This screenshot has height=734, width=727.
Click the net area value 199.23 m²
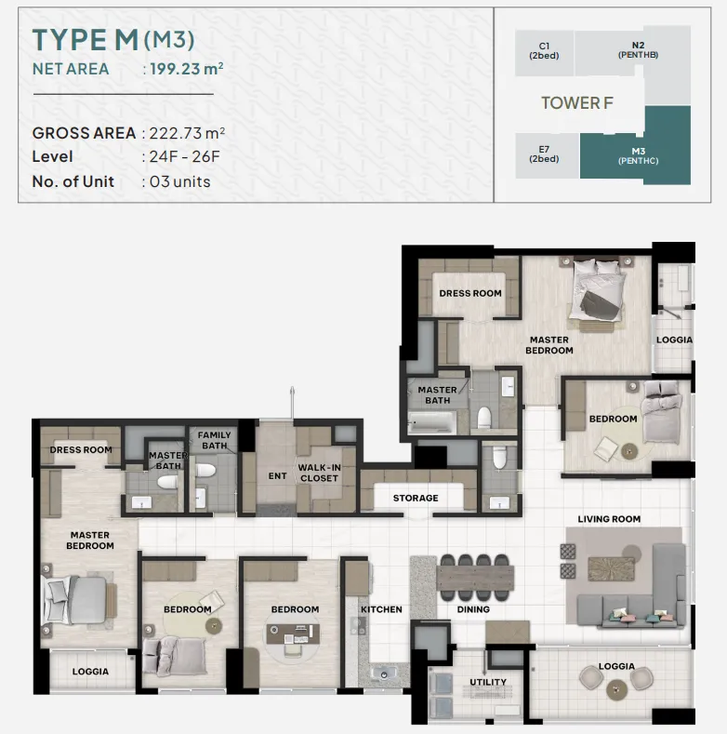[x=187, y=69]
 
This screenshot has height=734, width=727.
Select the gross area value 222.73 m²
[x=187, y=133]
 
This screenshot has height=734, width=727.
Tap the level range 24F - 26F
[x=184, y=156]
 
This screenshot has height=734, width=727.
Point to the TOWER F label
[x=576, y=103]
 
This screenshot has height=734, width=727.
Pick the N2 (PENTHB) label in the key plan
[x=638, y=49]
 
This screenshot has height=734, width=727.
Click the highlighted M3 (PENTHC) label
[x=638, y=156]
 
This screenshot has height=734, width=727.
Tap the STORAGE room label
[x=416, y=498]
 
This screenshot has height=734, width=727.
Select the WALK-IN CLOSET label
[x=319, y=473]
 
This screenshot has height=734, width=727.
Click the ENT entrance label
[x=277, y=476]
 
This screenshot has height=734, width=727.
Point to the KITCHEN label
[x=381, y=609]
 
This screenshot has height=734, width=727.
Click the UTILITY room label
[x=488, y=682]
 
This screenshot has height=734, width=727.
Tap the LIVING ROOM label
[x=609, y=519]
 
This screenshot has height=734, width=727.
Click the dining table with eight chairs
[x=475, y=578]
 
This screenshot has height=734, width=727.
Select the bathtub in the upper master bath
[x=431, y=422]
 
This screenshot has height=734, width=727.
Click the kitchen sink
[x=384, y=674]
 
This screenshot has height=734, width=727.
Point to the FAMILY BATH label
[x=214, y=441]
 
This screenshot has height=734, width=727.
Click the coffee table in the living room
[x=608, y=568]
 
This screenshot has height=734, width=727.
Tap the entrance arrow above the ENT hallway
[x=293, y=403]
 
